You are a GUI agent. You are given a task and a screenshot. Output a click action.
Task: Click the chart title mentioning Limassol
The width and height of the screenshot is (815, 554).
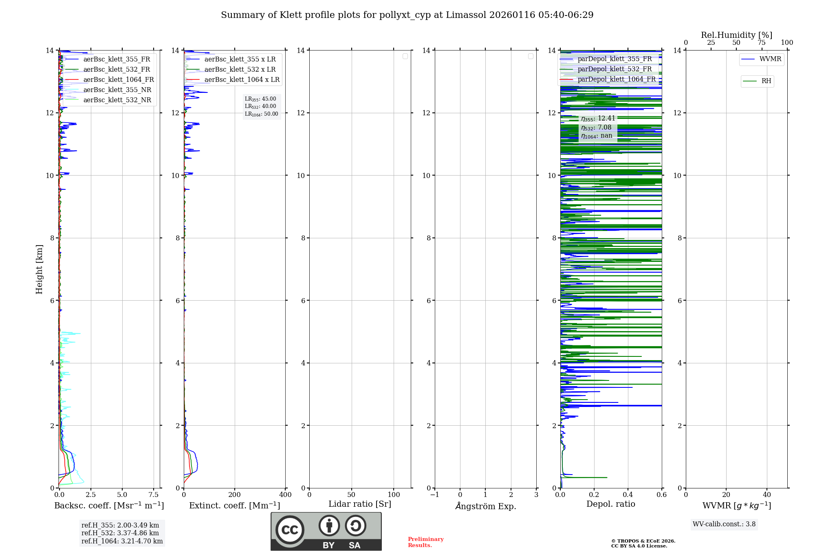point(407,15)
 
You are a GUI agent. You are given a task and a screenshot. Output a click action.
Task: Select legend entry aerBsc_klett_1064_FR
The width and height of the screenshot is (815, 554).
point(118,79)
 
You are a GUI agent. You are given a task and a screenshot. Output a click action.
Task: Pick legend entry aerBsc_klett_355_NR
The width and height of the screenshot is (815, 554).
point(117,90)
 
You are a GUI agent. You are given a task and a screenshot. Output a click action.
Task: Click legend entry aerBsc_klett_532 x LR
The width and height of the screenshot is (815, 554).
point(240,69)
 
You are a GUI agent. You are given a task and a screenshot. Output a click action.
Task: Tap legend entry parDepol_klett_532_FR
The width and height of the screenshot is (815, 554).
point(615,69)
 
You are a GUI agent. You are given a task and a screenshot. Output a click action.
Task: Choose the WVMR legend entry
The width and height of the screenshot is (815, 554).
point(770,59)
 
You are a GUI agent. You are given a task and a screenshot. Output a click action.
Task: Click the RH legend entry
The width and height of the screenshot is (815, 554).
point(766,81)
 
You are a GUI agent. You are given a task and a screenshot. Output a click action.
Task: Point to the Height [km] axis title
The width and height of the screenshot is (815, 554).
point(39,269)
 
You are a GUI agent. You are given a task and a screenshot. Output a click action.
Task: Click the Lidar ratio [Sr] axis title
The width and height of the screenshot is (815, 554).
point(359,504)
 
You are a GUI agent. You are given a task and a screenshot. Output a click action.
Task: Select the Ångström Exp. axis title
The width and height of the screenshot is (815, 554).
point(485,506)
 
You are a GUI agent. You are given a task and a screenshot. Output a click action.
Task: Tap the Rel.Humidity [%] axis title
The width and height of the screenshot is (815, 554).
point(736,35)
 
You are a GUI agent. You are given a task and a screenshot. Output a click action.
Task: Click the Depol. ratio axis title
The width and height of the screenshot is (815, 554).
point(610,504)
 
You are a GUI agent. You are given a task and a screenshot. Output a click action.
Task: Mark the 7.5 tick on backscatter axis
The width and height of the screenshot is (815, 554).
point(154,495)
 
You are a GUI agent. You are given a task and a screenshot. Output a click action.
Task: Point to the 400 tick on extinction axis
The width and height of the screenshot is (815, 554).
point(285,495)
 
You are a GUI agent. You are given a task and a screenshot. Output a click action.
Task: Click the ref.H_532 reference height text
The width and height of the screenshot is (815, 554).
point(120,533)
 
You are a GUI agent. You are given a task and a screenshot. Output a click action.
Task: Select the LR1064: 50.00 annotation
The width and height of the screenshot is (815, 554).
point(261,114)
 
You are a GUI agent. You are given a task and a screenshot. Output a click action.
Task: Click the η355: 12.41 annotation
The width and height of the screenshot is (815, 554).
point(598,119)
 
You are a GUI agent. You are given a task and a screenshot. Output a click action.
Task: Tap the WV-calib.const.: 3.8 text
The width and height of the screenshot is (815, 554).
point(724,524)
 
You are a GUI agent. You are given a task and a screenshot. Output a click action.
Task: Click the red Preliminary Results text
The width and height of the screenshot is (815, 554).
point(425,542)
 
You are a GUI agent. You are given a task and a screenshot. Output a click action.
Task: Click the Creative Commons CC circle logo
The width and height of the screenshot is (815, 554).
point(290,530)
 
